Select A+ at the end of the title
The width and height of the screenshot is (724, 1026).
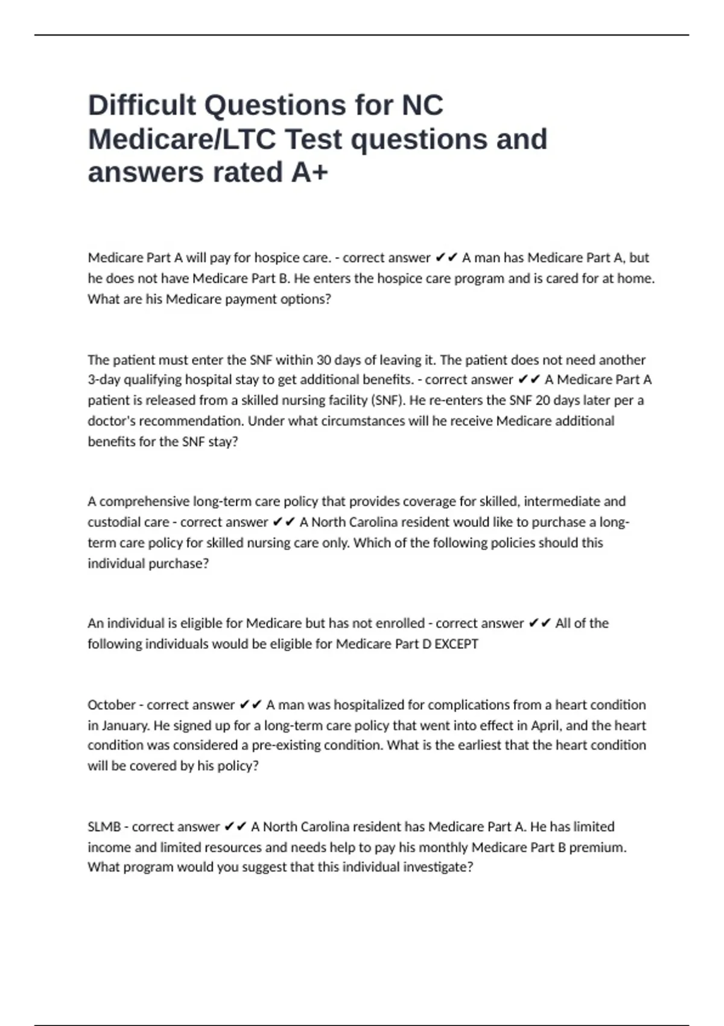[310, 172]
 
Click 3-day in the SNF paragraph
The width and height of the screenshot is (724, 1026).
[103, 380]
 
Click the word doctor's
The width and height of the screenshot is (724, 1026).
[113, 421]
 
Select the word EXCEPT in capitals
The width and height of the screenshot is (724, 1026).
[456, 644]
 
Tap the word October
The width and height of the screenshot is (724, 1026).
[112, 705]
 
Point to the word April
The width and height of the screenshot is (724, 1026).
[545, 725]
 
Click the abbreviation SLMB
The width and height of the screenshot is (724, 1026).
[104, 827]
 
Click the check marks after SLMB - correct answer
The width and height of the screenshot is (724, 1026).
[235, 827]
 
